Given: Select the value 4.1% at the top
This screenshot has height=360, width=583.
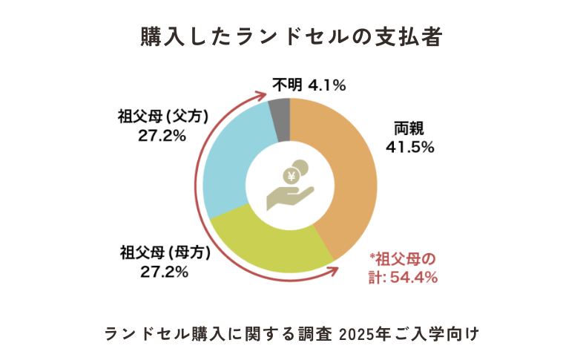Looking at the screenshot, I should point(327,85).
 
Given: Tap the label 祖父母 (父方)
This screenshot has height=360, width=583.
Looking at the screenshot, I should point(162,117).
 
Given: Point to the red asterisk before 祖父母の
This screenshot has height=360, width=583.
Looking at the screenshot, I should point(372,257).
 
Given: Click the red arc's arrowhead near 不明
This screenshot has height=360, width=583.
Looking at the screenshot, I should point(262,95).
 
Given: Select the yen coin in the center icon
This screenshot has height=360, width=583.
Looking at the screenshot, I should point(292,177).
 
